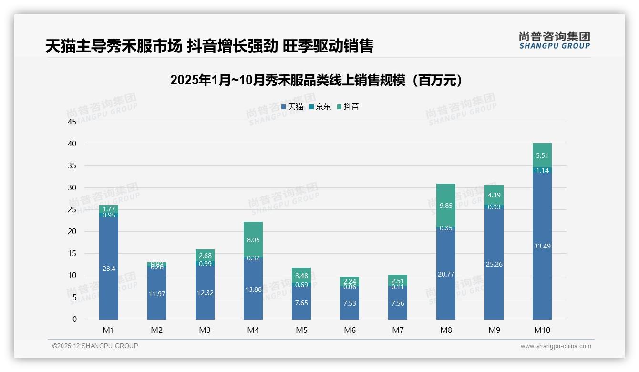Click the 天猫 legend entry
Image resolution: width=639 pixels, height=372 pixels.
(x=292, y=107)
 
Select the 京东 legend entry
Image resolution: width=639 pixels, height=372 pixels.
(x=319, y=107)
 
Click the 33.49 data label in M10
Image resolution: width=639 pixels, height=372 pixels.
(x=542, y=246)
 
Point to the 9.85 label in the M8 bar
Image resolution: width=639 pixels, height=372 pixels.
(x=446, y=206)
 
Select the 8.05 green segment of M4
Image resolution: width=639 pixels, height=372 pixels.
(x=253, y=240)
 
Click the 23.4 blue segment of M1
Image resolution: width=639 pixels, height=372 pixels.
(x=109, y=269)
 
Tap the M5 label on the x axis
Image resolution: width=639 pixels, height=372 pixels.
(x=301, y=330)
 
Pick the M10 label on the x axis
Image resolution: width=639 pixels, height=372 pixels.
(x=542, y=330)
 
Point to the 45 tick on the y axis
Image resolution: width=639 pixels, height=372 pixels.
(x=72, y=122)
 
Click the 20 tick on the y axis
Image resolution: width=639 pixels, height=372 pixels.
(x=72, y=232)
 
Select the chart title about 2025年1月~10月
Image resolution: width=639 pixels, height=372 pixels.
(x=316, y=80)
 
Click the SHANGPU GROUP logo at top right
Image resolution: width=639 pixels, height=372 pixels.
(x=554, y=41)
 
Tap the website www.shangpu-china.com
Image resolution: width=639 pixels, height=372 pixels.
(x=556, y=346)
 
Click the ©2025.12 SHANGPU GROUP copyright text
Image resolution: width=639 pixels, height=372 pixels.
(x=95, y=346)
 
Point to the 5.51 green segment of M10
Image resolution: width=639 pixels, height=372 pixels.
(x=542, y=155)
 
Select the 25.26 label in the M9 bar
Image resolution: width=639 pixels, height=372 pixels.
(x=494, y=264)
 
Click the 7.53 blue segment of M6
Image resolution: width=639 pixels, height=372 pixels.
(x=350, y=303)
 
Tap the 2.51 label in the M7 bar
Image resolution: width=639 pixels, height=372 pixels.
(x=398, y=281)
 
